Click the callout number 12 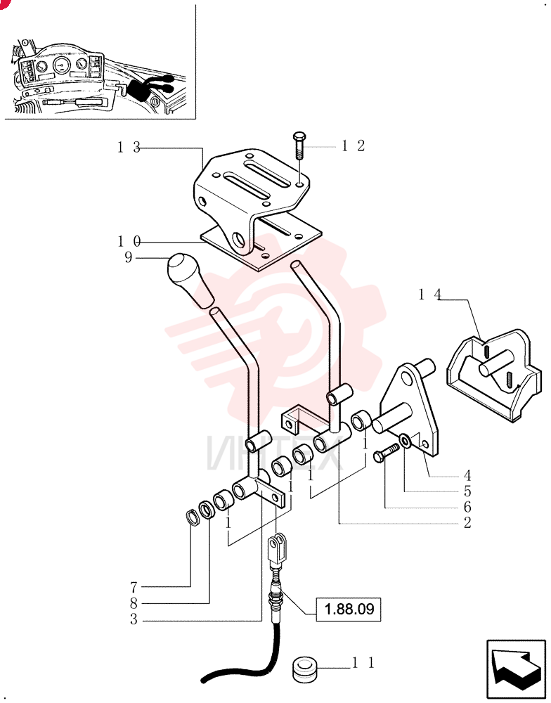click(354, 146)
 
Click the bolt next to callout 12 click(299, 145)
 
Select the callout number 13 click(129, 147)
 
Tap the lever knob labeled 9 click(189, 280)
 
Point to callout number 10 click(129, 242)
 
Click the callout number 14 click(430, 295)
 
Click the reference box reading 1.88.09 click(349, 610)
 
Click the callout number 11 click(363, 663)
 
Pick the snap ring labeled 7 click(192, 517)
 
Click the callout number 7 click(134, 587)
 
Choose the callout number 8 click(134, 603)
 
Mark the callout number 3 click(134, 619)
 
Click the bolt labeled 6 click(386, 452)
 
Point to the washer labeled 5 click(406, 441)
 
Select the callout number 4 click(467, 475)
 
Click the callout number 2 click(467, 523)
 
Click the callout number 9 click(129, 258)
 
